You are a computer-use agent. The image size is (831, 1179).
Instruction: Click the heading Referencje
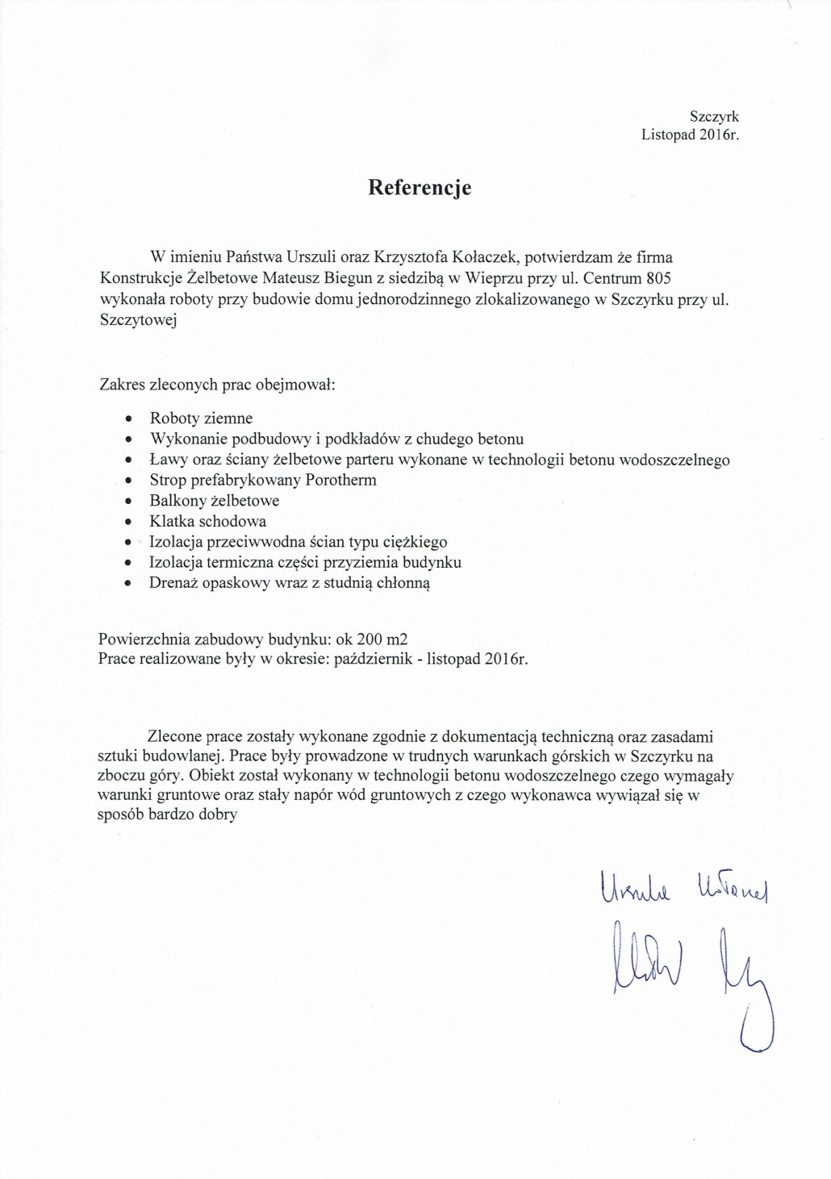420,188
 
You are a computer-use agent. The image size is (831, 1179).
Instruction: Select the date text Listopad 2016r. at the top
691,135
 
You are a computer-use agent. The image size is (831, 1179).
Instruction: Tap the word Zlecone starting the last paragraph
174,737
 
